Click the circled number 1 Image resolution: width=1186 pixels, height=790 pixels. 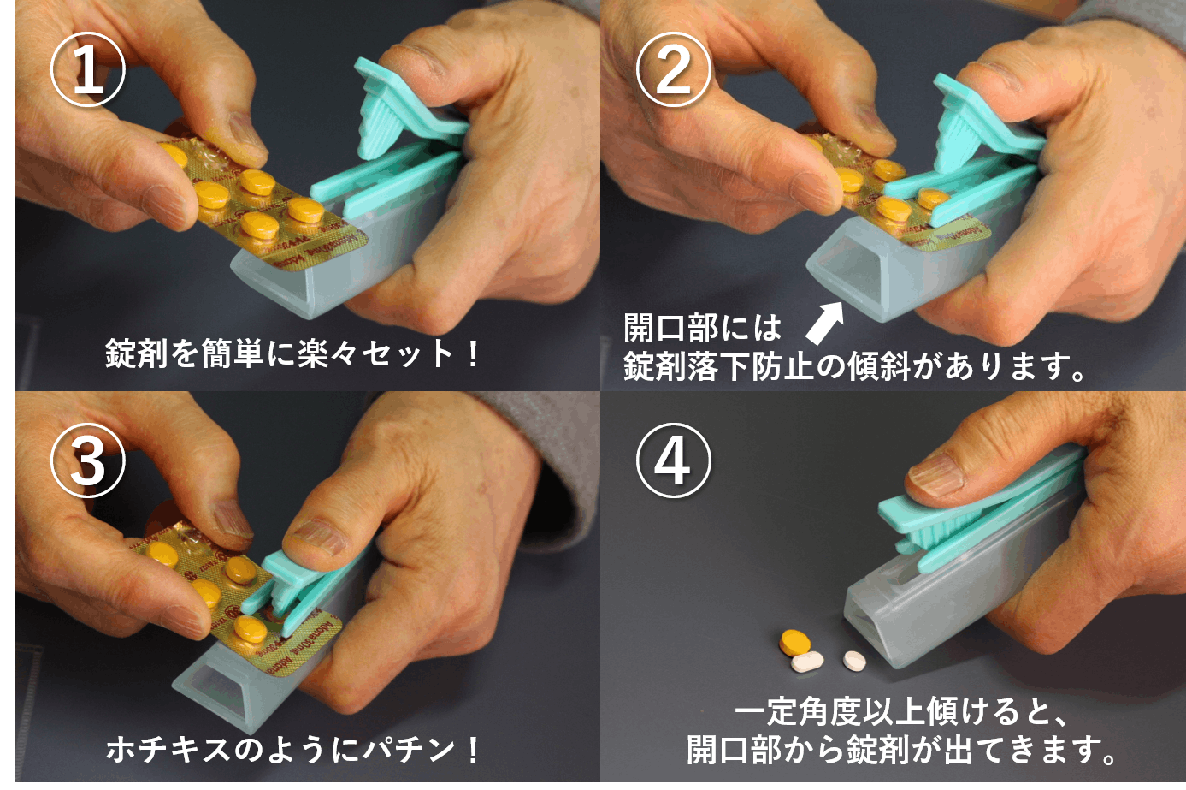coord(88,71)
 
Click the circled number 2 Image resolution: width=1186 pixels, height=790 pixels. coord(673,71)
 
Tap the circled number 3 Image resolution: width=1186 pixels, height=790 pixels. coord(88,462)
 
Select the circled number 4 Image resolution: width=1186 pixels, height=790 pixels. coord(673,462)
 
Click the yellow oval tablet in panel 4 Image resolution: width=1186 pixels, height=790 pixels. coord(794,641)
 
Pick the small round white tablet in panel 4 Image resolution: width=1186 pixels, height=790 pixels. coord(854,660)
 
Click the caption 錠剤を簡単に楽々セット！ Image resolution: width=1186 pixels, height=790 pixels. coord(293,353)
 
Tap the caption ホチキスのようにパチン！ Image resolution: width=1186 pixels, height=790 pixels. coord(293,750)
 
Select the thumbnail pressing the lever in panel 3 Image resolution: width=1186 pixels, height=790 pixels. coord(316,539)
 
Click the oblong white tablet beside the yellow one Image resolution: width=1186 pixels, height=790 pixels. coord(807,662)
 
